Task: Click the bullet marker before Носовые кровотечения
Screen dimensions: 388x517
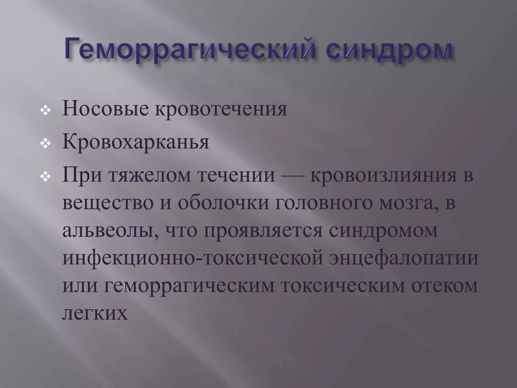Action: coord(46,111)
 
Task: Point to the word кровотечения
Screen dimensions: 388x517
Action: coord(221,109)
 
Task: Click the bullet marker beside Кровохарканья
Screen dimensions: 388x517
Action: coord(46,144)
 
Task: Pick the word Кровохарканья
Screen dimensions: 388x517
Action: coord(136,142)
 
